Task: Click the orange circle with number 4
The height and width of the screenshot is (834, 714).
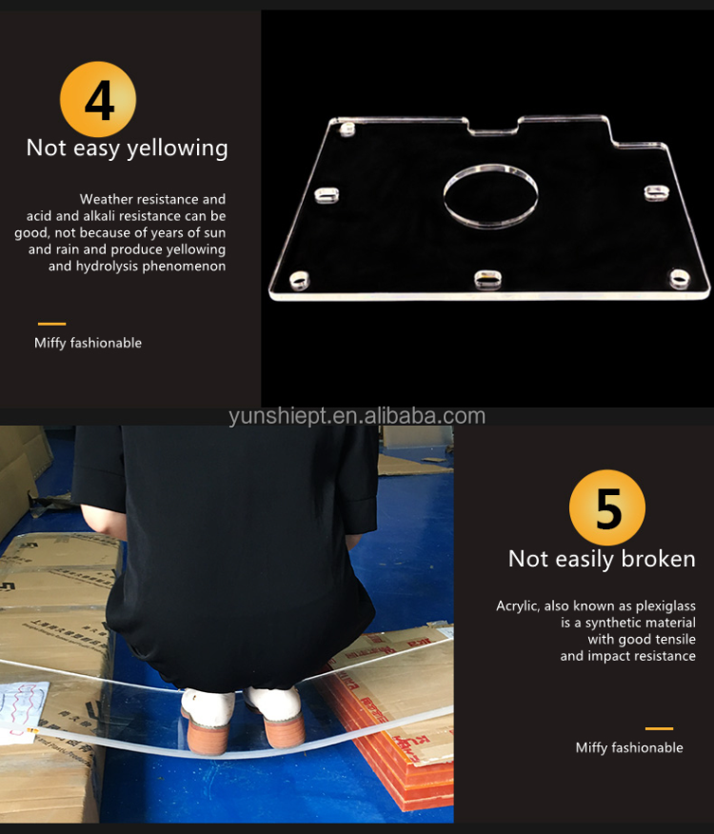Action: (x=98, y=99)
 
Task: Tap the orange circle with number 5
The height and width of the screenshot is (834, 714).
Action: (x=607, y=508)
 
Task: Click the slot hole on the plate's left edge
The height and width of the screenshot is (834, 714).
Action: (x=327, y=195)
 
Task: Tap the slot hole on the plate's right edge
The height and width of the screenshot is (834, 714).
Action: (x=657, y=192)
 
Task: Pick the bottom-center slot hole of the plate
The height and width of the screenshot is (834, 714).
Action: (x=487, y=280)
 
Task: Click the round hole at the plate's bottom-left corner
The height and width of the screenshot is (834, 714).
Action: (x=299, y=280)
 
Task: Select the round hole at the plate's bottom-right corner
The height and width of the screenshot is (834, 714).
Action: (x=680, y=279)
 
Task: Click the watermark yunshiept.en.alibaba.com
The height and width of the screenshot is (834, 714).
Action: (x=357, y=416)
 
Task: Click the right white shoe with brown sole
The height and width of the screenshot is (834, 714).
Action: (x=275, y=716)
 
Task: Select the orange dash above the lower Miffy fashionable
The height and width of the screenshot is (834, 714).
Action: (x=659, y=728)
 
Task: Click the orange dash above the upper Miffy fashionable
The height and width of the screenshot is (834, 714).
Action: (x=51, y=324)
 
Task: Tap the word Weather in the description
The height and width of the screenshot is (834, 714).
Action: (x=105, y=200)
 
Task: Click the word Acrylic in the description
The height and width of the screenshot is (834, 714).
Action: (x=517, y=606)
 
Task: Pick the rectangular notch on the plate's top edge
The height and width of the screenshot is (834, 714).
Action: (x=494, y=128)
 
